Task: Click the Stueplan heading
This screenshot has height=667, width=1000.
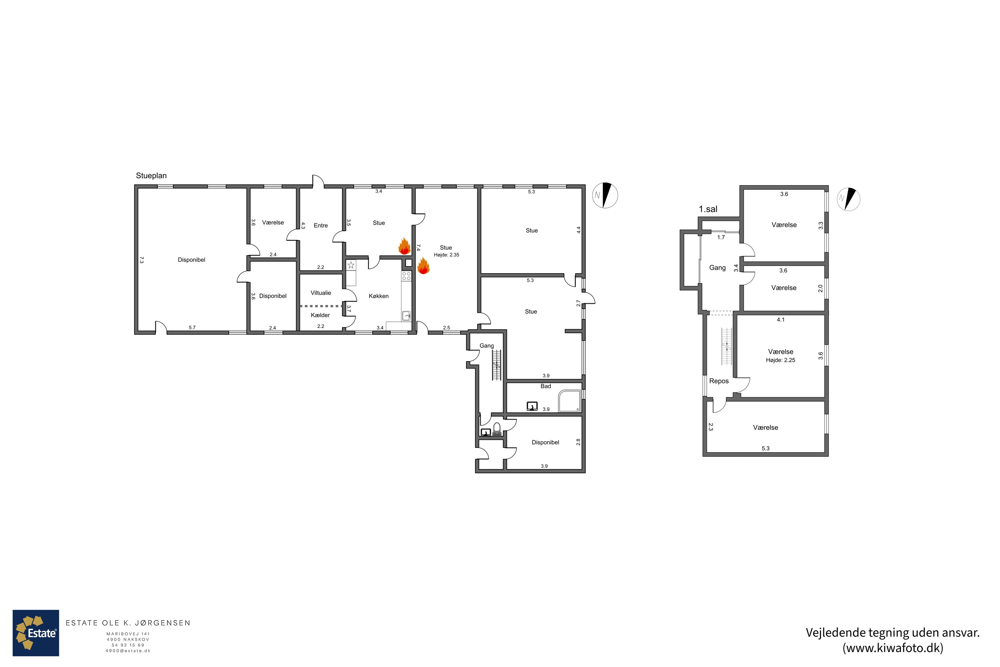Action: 151,176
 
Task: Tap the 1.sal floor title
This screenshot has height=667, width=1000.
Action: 708,209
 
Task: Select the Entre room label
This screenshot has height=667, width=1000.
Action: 321,225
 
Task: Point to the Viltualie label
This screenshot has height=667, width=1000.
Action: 321,293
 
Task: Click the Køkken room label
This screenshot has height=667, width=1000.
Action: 378,296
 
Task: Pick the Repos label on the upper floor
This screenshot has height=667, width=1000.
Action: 719,381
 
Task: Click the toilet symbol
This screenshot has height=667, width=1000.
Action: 497,429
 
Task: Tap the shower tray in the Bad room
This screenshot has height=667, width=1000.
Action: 570,401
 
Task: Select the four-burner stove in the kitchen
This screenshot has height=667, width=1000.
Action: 406,276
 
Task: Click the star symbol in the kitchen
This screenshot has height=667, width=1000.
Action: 351,265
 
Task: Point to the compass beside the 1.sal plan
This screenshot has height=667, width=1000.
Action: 848,199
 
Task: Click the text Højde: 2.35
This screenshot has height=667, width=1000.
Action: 446,255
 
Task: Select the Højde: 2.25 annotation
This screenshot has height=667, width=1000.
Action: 781,360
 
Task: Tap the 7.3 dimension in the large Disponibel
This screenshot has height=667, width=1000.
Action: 142,259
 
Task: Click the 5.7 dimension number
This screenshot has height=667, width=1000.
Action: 192,327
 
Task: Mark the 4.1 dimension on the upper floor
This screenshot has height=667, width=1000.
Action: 781,319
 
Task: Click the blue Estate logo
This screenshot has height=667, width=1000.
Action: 36,633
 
